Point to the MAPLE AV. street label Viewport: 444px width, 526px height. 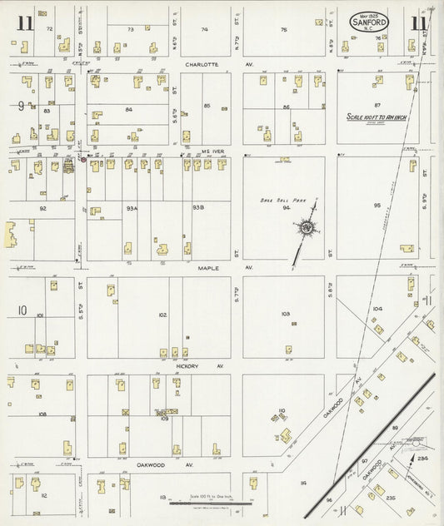coord(207,268)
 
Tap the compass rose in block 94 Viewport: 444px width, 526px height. coord(307,228)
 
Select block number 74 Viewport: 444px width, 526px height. coord(205,29)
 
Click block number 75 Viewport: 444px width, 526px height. coord(284,29)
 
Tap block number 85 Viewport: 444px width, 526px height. coord(207,106)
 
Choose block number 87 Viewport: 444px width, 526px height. coord(377,105)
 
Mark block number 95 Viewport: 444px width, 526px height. coord(377,205)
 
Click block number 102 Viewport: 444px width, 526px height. coord(162,315)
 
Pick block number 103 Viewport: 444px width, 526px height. coord(285,314)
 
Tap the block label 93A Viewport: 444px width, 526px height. coord(132,207)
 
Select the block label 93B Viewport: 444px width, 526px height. coord(198,207)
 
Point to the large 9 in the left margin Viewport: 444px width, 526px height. coord(19,106)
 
